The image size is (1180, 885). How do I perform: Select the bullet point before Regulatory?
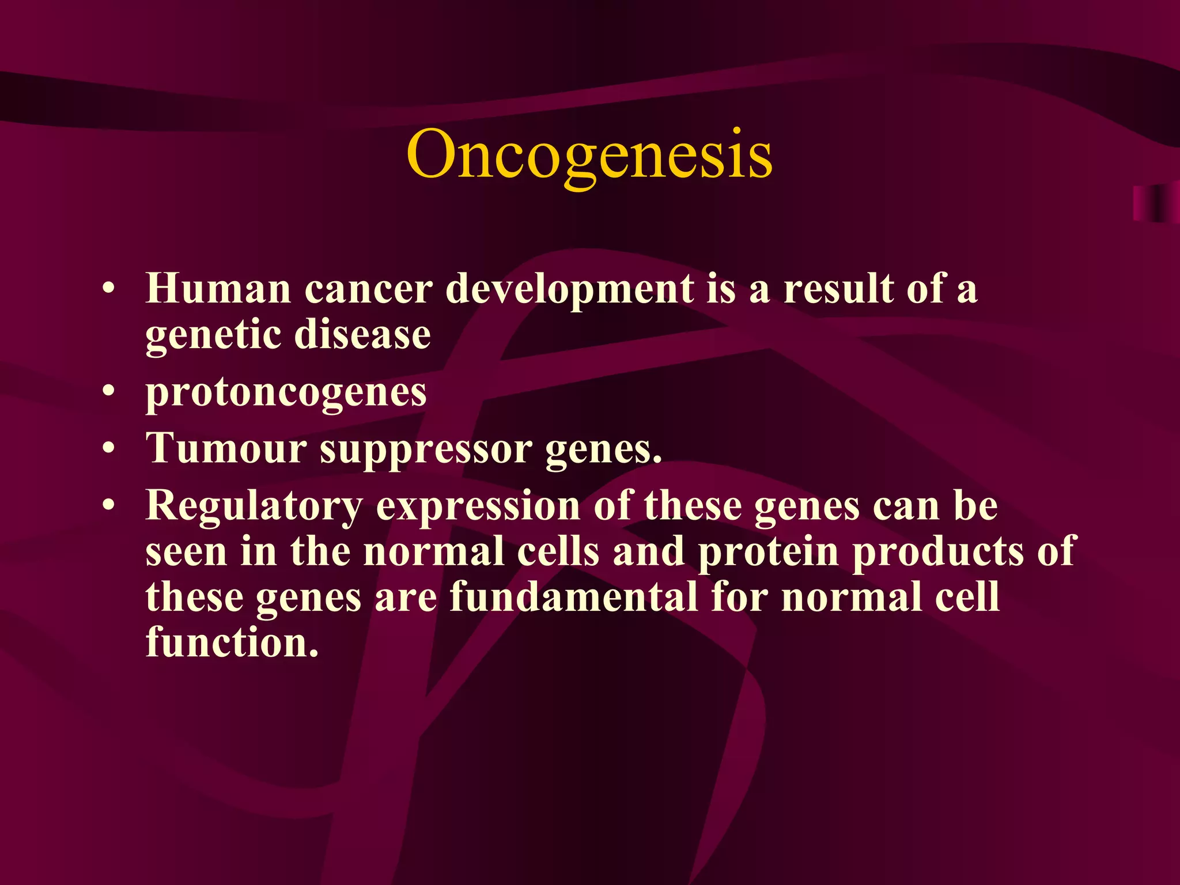click(x=109, y=506)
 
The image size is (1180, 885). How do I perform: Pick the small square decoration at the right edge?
click(x=1155, y=204)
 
